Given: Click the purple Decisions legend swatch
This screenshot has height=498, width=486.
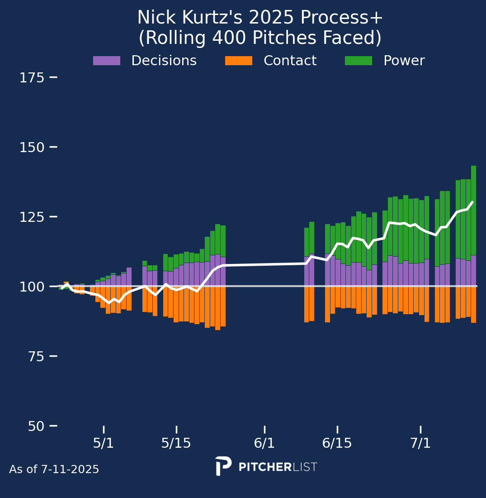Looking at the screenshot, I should [107, 61].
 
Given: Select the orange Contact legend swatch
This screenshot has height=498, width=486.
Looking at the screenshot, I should [239, 61].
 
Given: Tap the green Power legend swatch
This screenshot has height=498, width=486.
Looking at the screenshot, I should [359, 61].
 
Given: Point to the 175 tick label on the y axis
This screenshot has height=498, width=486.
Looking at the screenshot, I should [32, 78].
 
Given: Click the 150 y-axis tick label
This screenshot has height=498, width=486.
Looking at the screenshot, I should [32, 148].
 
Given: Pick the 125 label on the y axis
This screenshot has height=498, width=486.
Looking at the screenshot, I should [32, 217].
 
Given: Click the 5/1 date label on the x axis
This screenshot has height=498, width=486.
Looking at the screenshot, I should [104, 443].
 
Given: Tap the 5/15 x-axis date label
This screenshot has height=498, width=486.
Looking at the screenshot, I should [176, 443].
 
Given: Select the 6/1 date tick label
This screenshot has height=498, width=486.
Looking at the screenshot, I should [264, 443].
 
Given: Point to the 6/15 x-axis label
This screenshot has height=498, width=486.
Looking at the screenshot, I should [337, 443].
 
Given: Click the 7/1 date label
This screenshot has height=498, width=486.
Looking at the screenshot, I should [420, 443].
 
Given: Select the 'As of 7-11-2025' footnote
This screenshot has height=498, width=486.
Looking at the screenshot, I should [54, 469].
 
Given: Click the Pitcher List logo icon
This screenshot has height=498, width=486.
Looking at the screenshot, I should [223, 466].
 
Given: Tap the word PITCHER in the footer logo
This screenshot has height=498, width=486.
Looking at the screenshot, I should [265, 467].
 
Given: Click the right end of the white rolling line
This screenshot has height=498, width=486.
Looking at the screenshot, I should [472, 202].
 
